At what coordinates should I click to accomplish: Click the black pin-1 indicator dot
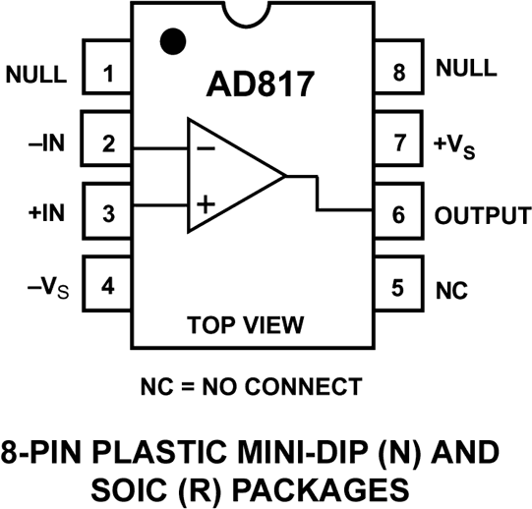pos(173,41)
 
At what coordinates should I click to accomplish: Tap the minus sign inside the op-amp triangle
pos(207,148)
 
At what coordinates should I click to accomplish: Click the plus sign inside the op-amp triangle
pos(206,205)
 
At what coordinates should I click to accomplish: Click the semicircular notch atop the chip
pos(262,13)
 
